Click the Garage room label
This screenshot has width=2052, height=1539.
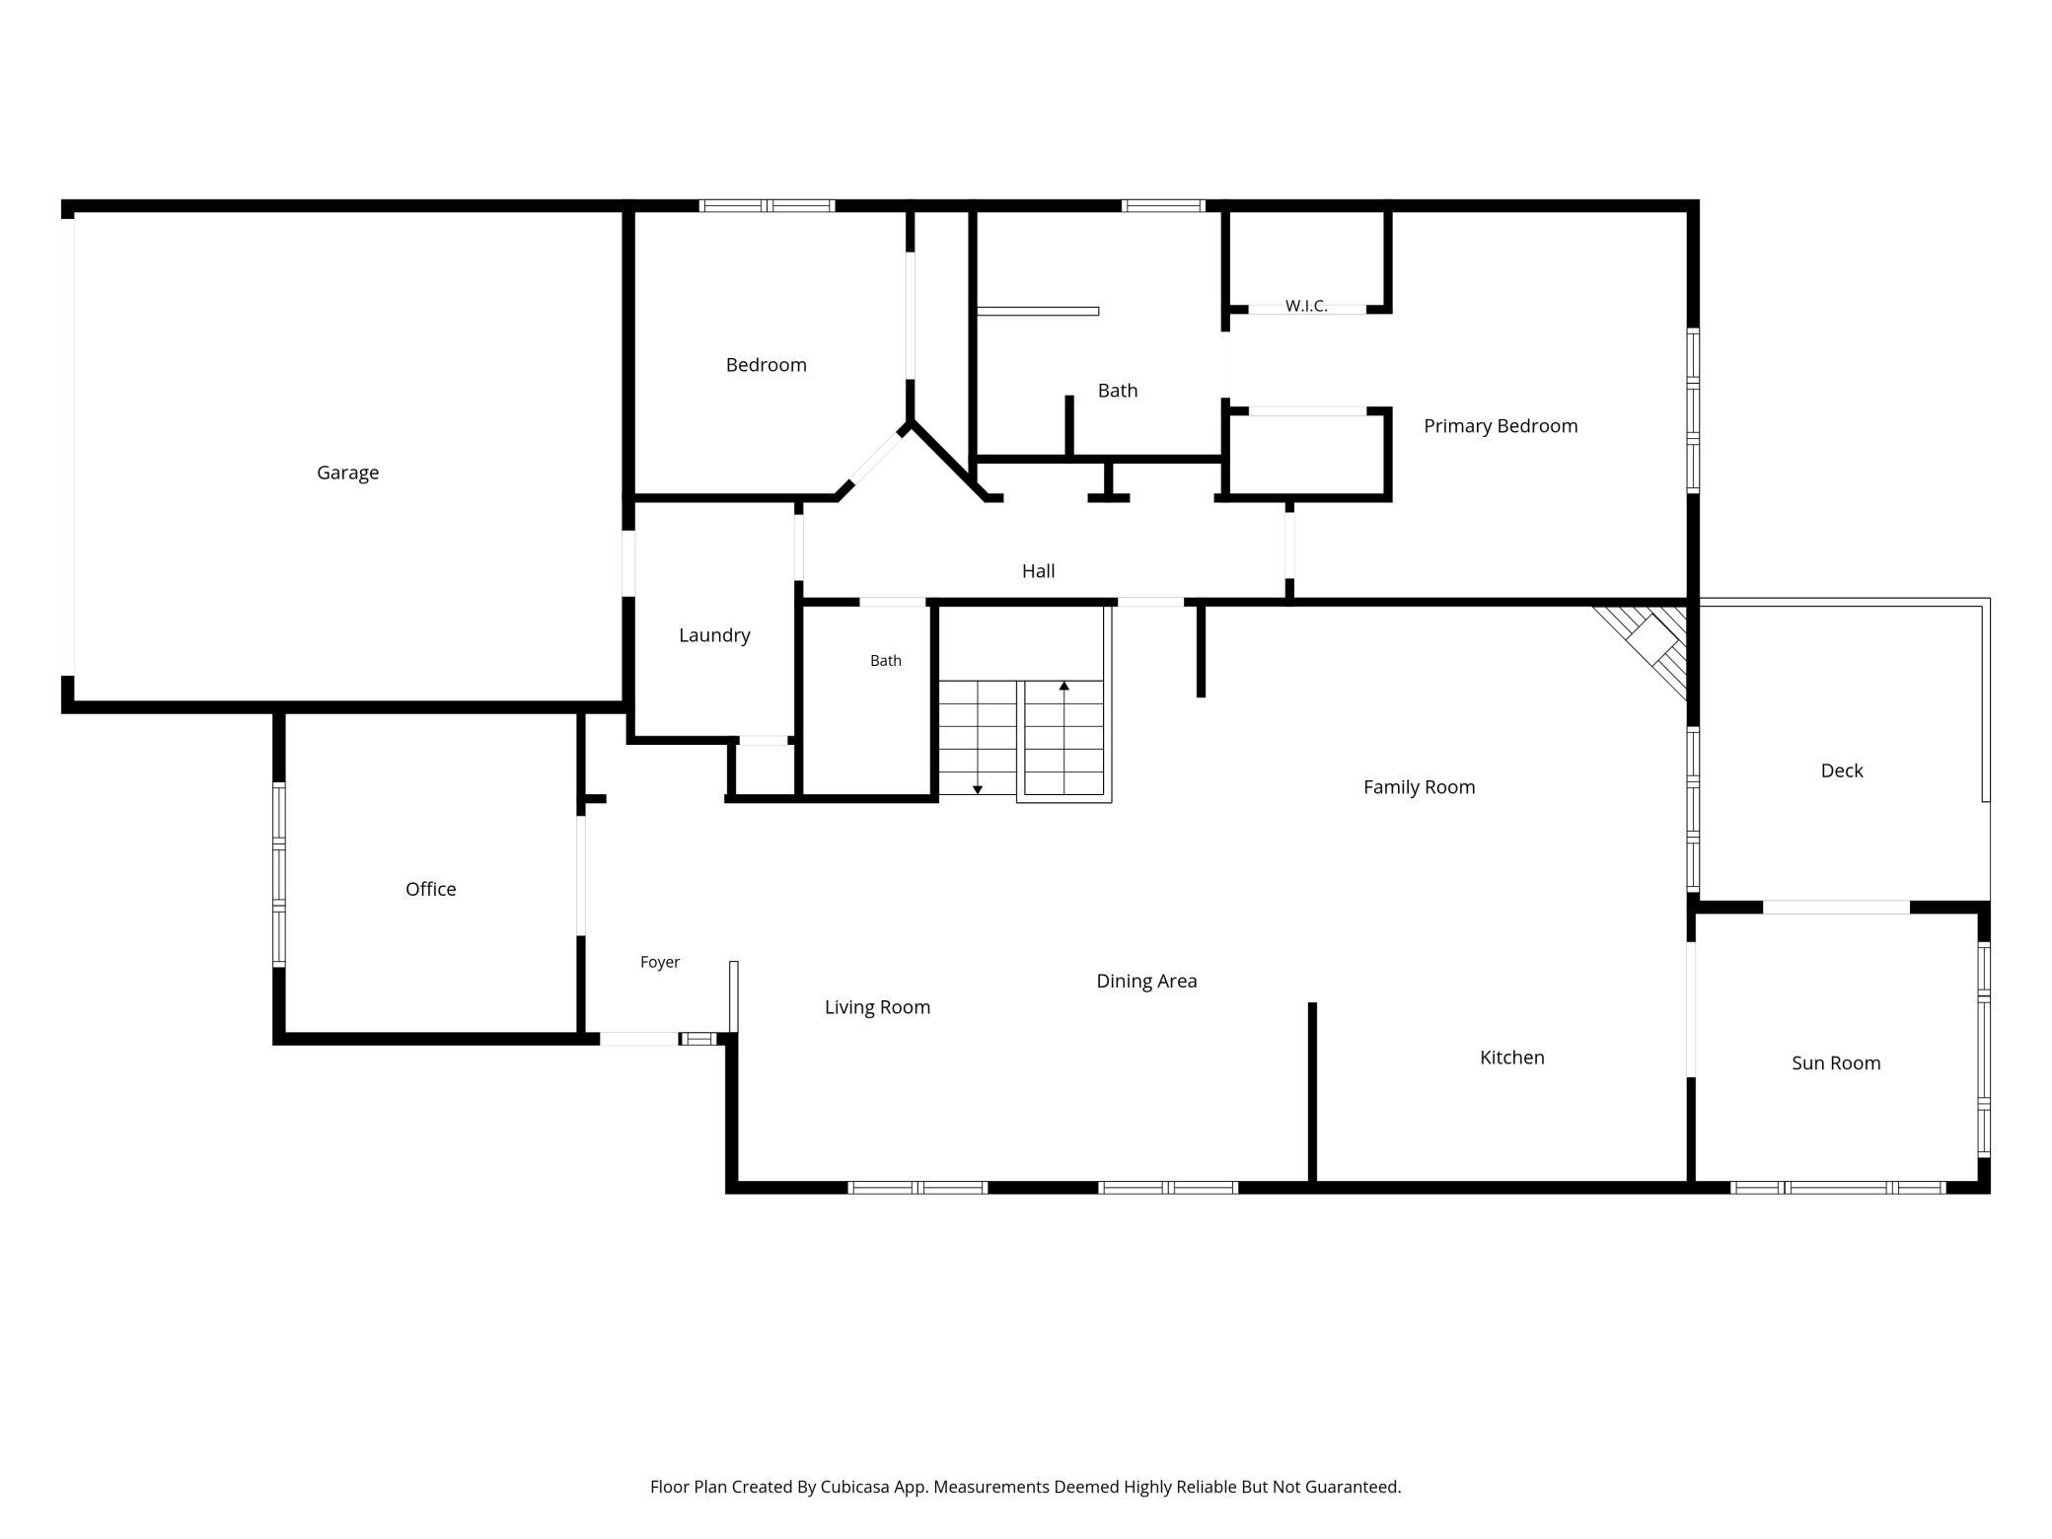(x=347, y=474)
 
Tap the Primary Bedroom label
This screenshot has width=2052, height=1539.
(x=1501, y=426)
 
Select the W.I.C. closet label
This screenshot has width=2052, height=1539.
(x=1306, y=306)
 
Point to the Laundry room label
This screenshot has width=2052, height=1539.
(x=714, y=636)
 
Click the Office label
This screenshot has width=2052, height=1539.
(x=431, y=889)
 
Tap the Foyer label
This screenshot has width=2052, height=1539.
(x=660, y=962)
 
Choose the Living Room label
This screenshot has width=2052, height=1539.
(x=877, y=1007)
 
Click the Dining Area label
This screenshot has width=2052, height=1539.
(x=1146, y=982)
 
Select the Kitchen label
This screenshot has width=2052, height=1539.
(x=1512, y=1058)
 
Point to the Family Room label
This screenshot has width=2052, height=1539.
(x=1419, y=787)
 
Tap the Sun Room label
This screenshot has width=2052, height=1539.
(x=1836, y=1063)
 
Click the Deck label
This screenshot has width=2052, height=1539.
(x=1842, y=770)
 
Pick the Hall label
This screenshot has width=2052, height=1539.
(x=1038, y=571)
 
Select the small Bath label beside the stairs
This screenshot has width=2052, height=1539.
(x=886, y=661)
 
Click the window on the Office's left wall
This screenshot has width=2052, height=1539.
(x=279, y=874)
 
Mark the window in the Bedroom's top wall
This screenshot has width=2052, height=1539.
(x=767, y=206)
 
